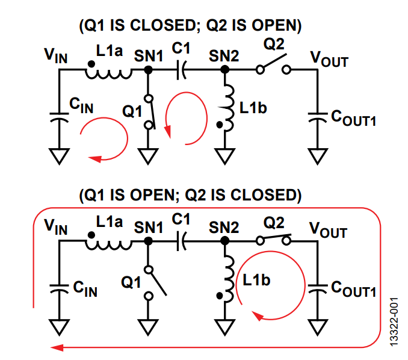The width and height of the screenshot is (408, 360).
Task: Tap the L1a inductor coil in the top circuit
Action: click(109, 73)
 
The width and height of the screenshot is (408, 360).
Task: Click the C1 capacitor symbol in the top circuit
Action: click(181, 71)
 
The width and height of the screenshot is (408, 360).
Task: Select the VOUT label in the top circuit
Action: click(329, 58)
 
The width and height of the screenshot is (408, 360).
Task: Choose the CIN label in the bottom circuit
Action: click(84, 290)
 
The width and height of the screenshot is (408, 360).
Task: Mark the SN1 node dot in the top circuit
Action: click(148, 70)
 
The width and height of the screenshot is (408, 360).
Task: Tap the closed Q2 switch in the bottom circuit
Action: click(273, 239)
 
